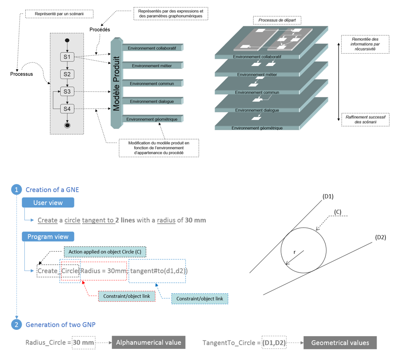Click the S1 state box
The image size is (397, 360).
[x=67, y=57]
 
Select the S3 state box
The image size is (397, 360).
[x=67, y=92]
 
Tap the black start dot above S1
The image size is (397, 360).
[x=67, y=41]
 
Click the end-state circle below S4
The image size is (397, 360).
[x=67, y=125]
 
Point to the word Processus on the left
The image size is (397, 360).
[x=21, y=74]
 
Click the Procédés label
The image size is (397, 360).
[x=100, y=30]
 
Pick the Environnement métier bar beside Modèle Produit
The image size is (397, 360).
[x=153, y=66]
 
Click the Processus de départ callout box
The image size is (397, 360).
[x=277, y=20]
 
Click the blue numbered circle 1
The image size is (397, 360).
[x=16, y=190]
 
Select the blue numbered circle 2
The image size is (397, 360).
[x=16, y=325]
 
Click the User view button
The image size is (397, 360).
[x=48, y=203]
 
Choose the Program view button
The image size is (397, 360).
[x=48, y=236]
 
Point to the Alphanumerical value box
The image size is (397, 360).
[x=148, y=342]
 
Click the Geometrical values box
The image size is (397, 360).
[x=340, y=343]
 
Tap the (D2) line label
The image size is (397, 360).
[x=380, y=237]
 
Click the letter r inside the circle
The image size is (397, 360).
[x=294, y=252]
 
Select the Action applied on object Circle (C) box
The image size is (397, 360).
[x=105, y=252]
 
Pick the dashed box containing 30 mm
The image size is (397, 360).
[x=84, y=343]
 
